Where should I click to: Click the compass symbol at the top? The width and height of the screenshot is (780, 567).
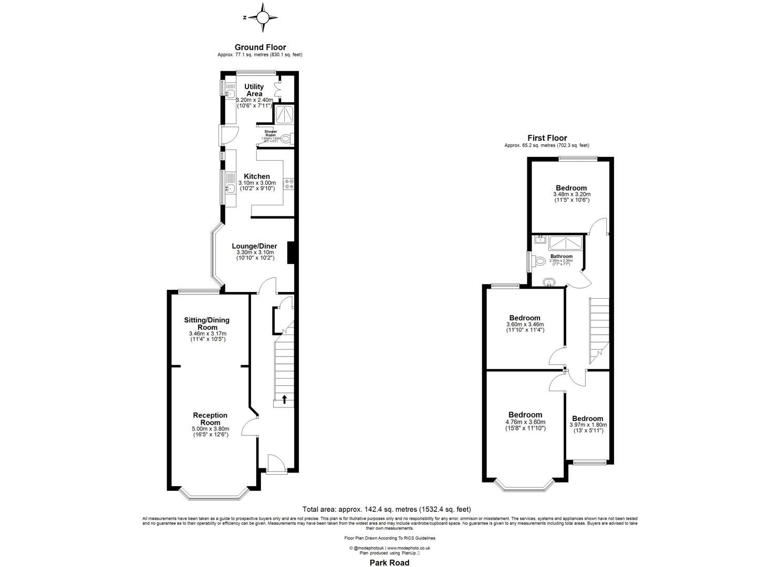coord(262,17)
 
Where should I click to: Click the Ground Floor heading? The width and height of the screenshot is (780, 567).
coord(260,47)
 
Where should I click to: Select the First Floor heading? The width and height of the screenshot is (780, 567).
coord(547,138)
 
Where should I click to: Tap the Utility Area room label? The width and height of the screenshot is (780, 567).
coord(254,90)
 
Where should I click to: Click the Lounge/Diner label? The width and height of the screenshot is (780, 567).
coord(255,246)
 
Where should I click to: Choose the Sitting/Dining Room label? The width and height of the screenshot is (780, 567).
coord(206,323)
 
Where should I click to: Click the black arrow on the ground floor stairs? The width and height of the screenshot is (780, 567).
coord(284,399)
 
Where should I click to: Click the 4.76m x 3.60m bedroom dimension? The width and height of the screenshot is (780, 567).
coord(525,422)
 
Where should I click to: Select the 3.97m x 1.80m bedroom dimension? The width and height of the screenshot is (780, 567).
coord(588,425)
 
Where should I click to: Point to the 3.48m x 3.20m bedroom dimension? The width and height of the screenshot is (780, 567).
coord(571,194)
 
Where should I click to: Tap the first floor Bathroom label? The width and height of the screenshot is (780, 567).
coord(561,257)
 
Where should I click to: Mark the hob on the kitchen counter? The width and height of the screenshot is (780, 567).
coord(289,183)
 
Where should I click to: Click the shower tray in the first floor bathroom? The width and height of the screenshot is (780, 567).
coord(565,243)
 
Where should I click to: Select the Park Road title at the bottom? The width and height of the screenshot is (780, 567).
coord(390,563)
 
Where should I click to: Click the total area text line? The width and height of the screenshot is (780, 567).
coord(387,509)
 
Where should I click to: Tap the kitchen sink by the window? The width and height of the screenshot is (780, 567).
coord(229,188)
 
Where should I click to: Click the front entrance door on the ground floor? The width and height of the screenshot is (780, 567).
coord(276,464)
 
